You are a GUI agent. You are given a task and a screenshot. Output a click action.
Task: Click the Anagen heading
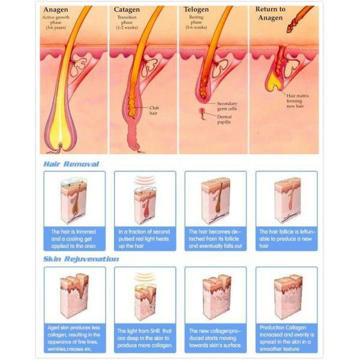[x=58, y=9]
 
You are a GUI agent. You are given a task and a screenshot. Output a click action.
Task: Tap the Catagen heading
[x=128, y=9]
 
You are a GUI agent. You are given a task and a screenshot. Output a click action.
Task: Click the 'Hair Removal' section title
[x=71, y=164]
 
